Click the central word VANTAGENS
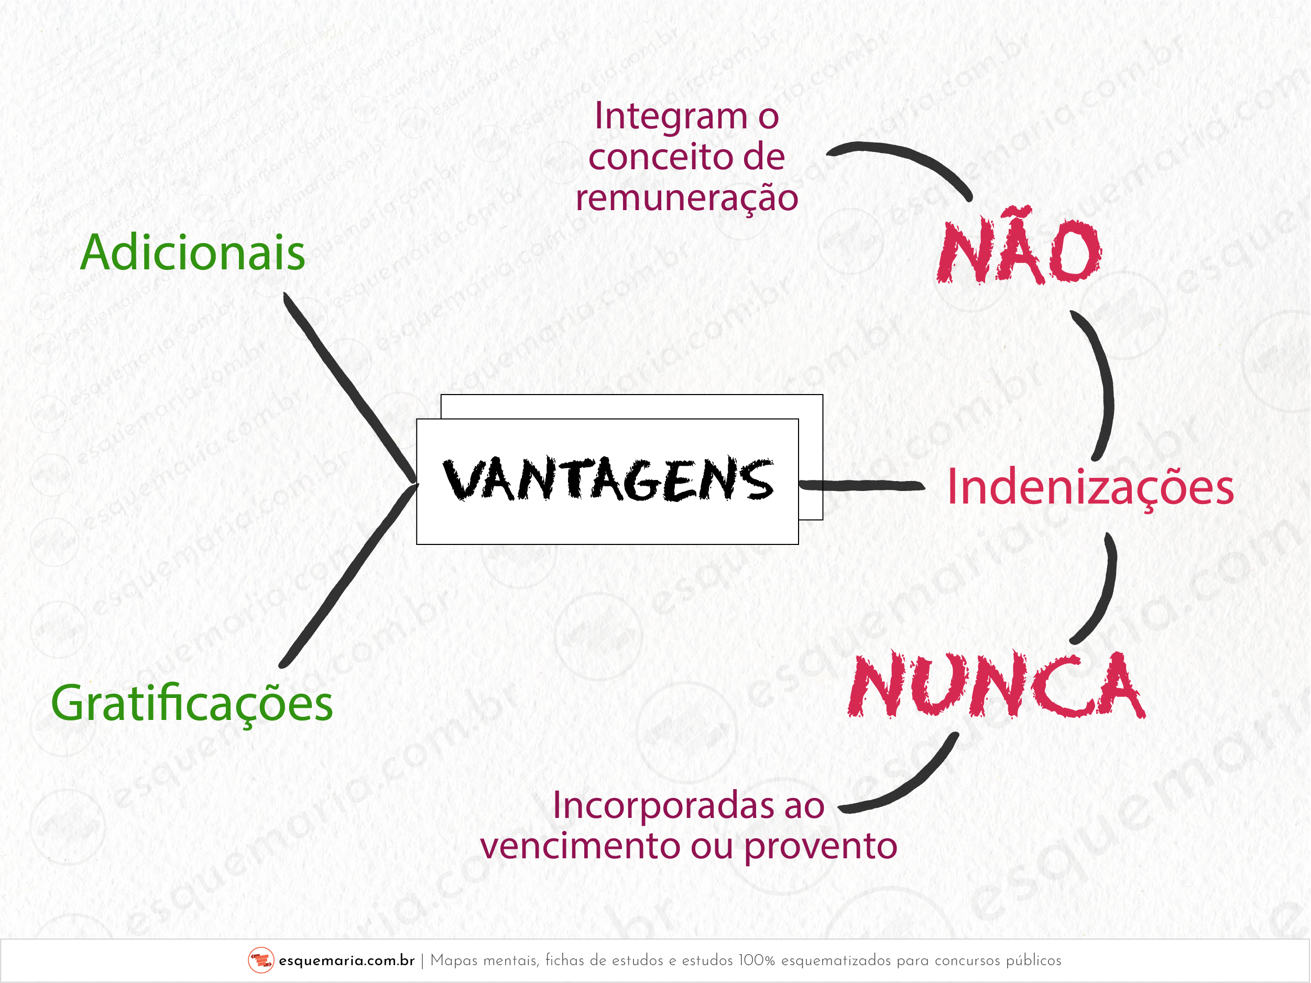(608, 479)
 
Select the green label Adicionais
(193, 253)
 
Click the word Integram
(671, 116)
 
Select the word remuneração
(687, 199)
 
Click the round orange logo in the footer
(261, 960)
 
